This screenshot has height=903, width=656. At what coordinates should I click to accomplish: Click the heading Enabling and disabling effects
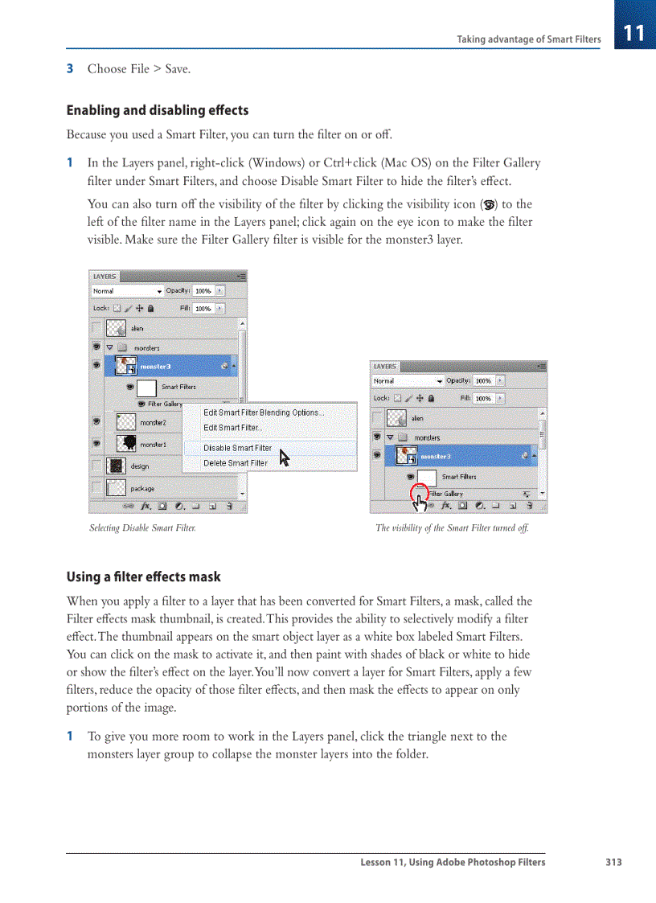(157, 110)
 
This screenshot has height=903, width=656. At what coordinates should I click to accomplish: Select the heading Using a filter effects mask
(143, 577)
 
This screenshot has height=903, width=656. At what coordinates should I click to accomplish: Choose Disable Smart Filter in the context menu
(237, 448)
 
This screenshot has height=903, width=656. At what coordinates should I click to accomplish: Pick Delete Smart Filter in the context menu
(236, 463)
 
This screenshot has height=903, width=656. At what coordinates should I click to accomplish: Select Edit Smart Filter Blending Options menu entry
(264, 413)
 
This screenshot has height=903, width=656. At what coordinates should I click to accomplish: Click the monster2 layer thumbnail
(125, 422)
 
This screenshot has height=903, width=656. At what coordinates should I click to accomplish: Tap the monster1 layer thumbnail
(125, 443)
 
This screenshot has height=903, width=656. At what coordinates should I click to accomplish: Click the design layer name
(140, 466)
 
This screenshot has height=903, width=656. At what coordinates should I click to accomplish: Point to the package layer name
(142, 488)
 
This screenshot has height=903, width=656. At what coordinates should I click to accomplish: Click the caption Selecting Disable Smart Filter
(142, 528)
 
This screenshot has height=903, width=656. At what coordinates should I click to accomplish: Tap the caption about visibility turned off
(452, 528)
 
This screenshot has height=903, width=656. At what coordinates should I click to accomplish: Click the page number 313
(613, 862)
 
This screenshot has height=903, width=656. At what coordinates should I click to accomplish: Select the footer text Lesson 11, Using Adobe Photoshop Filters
(453, 862)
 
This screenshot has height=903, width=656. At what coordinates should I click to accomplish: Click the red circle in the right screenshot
(419, 493)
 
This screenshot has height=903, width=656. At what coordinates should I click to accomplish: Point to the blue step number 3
(70, 69)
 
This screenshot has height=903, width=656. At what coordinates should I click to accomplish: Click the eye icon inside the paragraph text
(486, 205)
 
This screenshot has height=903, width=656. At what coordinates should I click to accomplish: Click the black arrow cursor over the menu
(284, 458)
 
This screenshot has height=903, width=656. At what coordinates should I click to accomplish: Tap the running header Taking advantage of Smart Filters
(528, 39)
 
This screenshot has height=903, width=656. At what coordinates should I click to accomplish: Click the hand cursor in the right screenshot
(420, 504)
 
